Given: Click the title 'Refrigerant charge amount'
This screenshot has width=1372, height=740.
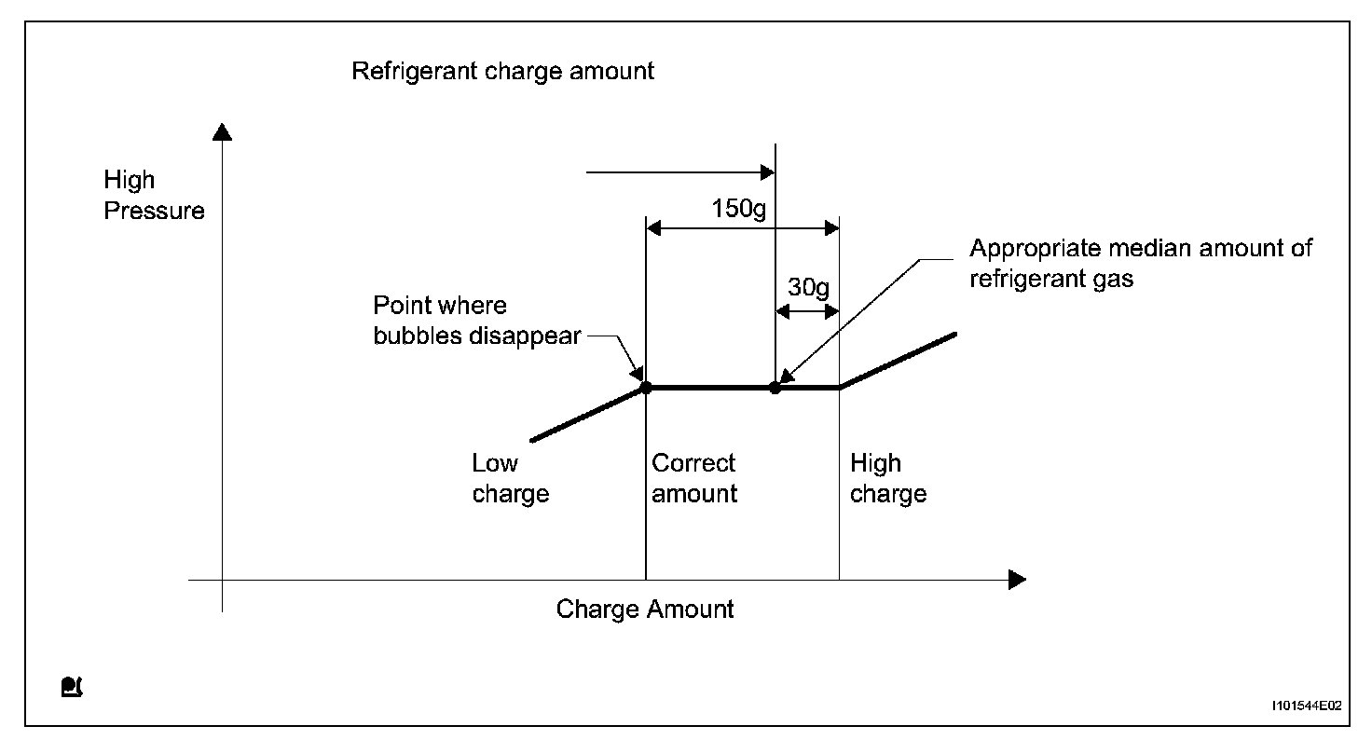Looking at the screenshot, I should [x=502, y=71].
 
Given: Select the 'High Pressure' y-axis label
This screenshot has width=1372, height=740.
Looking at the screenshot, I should [x=154, y=195].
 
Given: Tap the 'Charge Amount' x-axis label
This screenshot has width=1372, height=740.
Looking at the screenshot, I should [x=645, y=610].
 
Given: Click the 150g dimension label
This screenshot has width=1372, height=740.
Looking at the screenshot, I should [x=739, y=208].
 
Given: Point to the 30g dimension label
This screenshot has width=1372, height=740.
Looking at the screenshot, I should [x=807, y=287].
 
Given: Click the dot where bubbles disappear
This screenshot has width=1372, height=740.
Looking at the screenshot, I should [x=646, y=388].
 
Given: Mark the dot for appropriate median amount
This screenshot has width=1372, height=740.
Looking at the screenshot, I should [x=775, y=388].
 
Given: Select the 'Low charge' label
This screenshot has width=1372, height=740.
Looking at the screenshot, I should [x=510, y=478].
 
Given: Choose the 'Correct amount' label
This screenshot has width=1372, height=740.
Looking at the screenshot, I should [x=693, y=478].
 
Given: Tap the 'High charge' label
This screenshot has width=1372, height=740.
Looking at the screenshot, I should [x=887, y=478].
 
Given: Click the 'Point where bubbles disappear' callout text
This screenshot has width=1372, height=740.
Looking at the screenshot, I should [x=476, y=321].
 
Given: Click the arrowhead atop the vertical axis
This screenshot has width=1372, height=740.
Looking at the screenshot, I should [x=222, y=131].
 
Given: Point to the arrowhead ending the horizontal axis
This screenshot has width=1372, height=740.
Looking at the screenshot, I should [x=1017, y=580].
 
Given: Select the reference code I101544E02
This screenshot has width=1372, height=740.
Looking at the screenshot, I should [x=1305, y=706].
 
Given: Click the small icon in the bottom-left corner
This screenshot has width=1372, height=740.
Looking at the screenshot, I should [x=72, y=688].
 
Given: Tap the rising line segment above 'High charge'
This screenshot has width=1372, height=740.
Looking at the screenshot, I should [x=899, y=360].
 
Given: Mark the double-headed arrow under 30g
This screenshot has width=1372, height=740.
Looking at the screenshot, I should [x=807, y=312].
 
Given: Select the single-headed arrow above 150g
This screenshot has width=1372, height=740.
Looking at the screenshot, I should [x=680, y=172].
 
